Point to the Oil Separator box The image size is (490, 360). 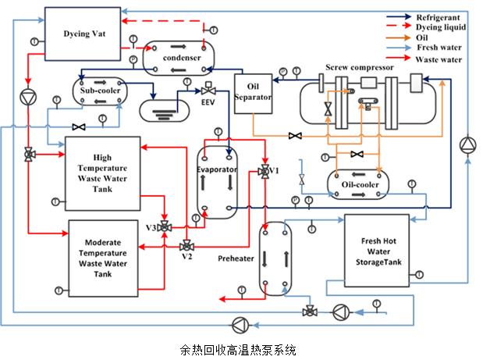[252, 93]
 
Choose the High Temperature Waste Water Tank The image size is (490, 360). [102, 173]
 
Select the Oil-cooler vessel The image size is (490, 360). [357, 184]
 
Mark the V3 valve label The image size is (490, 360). [151, 227]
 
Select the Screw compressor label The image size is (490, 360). [359, 67]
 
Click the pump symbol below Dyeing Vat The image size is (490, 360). [28, 97]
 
